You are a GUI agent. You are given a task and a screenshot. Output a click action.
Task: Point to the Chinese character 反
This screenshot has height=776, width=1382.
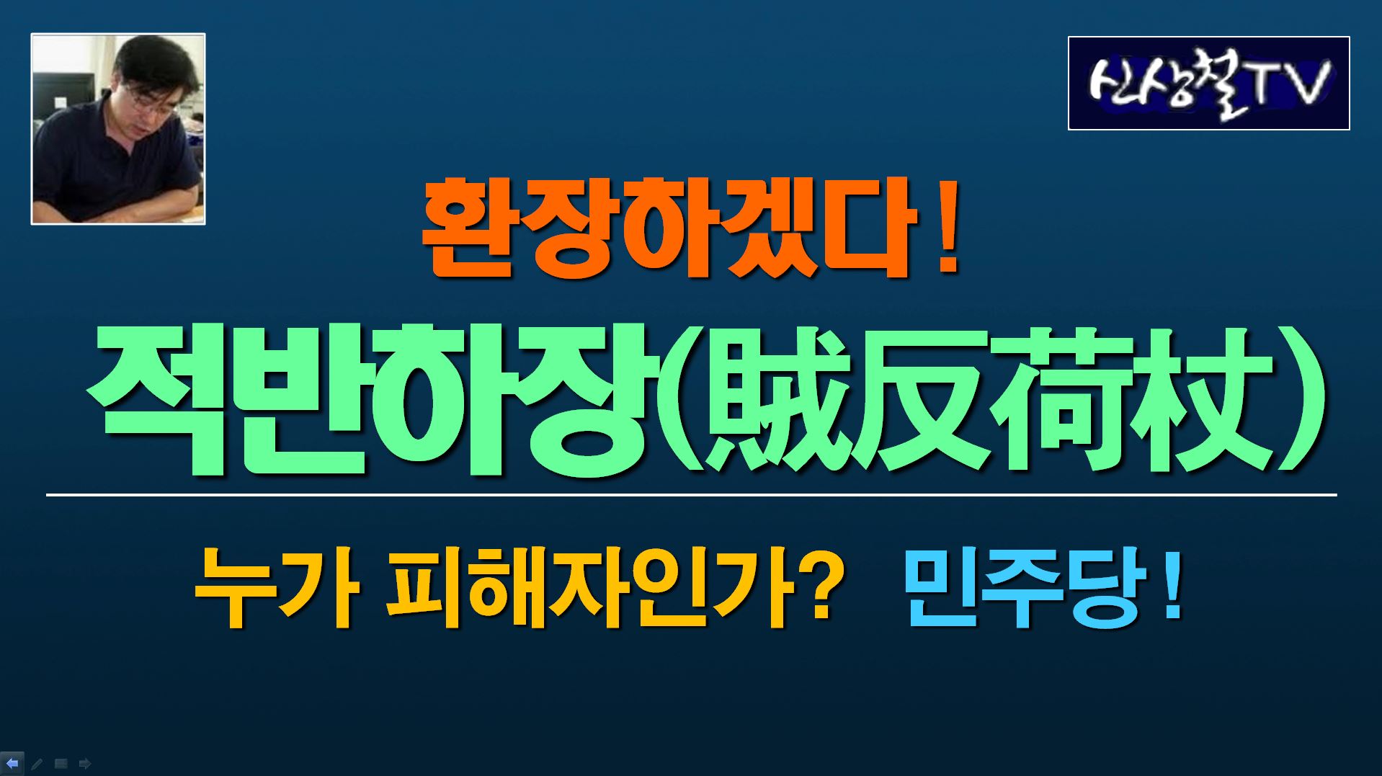tap(929, 398)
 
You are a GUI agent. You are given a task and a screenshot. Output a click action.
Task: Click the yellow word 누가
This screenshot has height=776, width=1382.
tap(276, 587)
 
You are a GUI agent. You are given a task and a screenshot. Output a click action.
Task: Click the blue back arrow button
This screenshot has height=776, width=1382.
tap(12, 763)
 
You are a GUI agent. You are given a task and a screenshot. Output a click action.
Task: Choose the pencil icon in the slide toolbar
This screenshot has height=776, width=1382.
tap(37, 764)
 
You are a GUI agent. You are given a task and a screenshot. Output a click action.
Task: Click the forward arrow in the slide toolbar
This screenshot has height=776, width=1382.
tap(85, 764)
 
